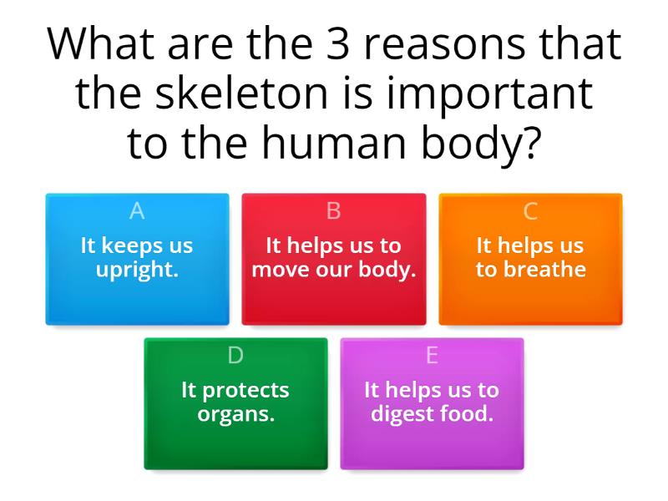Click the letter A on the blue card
(x=137, y=211)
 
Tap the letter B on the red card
(x=333, y=211)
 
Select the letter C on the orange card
(x=530, y=211)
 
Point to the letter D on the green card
(x=235, y=355)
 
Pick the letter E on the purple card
(x=432, y=355)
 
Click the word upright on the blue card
(x=138, y=271)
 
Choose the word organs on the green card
(x=235, y=414)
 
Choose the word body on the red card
(x=390, y=271)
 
